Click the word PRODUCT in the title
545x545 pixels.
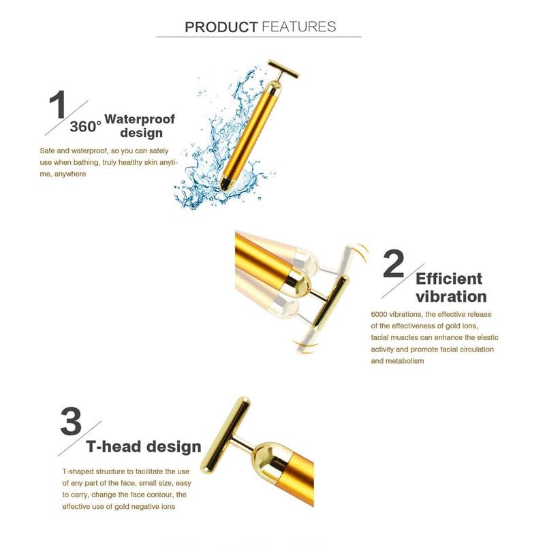pos(221,27)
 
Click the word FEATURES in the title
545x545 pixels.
pos(298,27)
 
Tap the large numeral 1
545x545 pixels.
pos(58,104)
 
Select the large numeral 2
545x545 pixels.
pos(394,264)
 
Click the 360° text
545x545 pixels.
pos(85,127)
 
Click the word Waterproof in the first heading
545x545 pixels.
pos(140,119)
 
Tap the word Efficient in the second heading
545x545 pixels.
pos(449,279)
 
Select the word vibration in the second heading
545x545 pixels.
pos(451,296)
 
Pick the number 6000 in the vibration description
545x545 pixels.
pos(379,314)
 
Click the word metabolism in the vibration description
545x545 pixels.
pos(404,361)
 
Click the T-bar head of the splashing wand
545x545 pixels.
pos(283,69)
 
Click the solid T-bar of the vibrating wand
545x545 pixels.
pos(330,302)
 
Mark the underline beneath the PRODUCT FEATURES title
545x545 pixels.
pos(259,37)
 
